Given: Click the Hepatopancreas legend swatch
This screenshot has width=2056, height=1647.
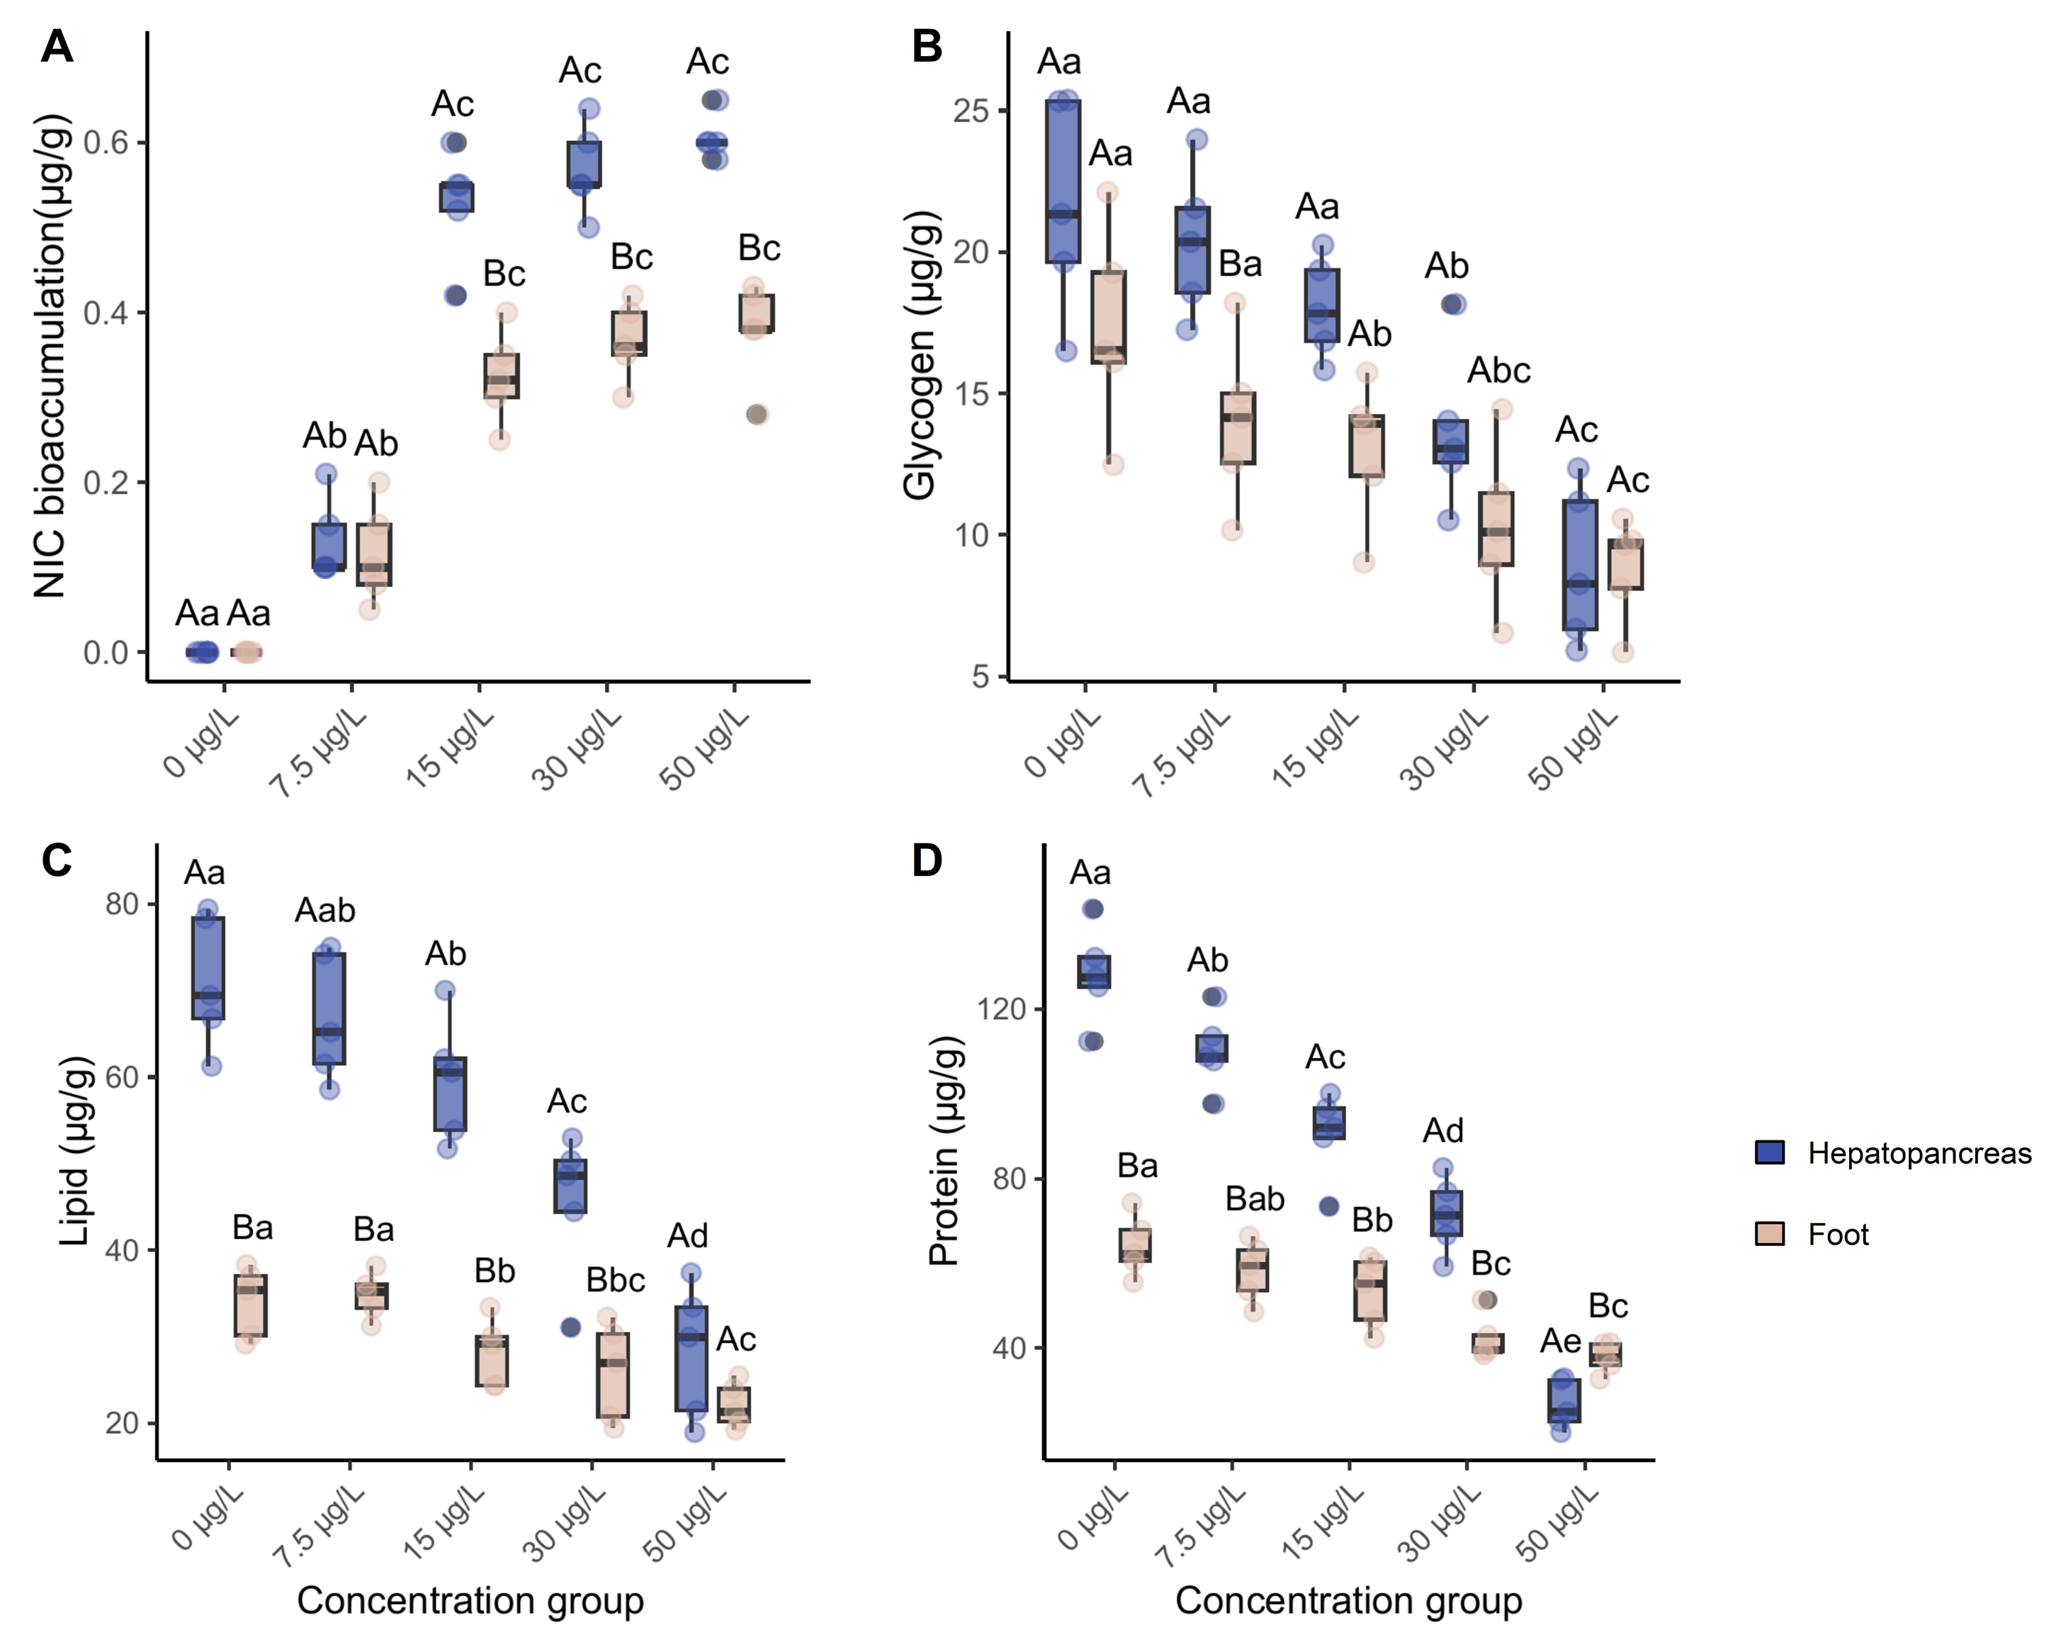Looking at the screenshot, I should (x=1769, y=1152).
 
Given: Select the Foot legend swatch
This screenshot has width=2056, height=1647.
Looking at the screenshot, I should (x=1769, y=1234).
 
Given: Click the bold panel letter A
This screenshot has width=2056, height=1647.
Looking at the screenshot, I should (x=57, y=46).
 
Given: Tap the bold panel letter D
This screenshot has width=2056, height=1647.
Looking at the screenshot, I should (x=927, y=860).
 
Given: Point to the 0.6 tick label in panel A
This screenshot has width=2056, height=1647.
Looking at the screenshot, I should (x=106, y=143).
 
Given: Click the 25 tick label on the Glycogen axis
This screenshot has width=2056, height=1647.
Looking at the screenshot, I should (x=970, y=111).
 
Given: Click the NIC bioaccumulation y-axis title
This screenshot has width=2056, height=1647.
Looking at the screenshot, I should (x=52, y=356).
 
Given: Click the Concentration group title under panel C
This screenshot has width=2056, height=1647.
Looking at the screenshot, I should (x=470, y=1600).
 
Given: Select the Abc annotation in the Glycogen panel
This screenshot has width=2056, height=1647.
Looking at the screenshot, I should (x=1498, y=370).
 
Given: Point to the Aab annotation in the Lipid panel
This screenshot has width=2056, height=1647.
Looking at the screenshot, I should (x=325, y=911).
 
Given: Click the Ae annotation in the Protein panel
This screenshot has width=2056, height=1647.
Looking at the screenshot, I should (x=1560, y=1341).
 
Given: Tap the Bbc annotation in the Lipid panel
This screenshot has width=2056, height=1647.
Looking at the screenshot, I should (x=615, y=1280).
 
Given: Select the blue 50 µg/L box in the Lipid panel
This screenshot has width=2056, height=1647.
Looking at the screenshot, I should (x=691, y=1358).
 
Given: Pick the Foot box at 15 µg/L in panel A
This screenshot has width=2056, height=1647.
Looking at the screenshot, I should (x=502, y=376).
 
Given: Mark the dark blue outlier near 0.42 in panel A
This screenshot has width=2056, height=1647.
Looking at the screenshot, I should (x=456, y=296).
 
